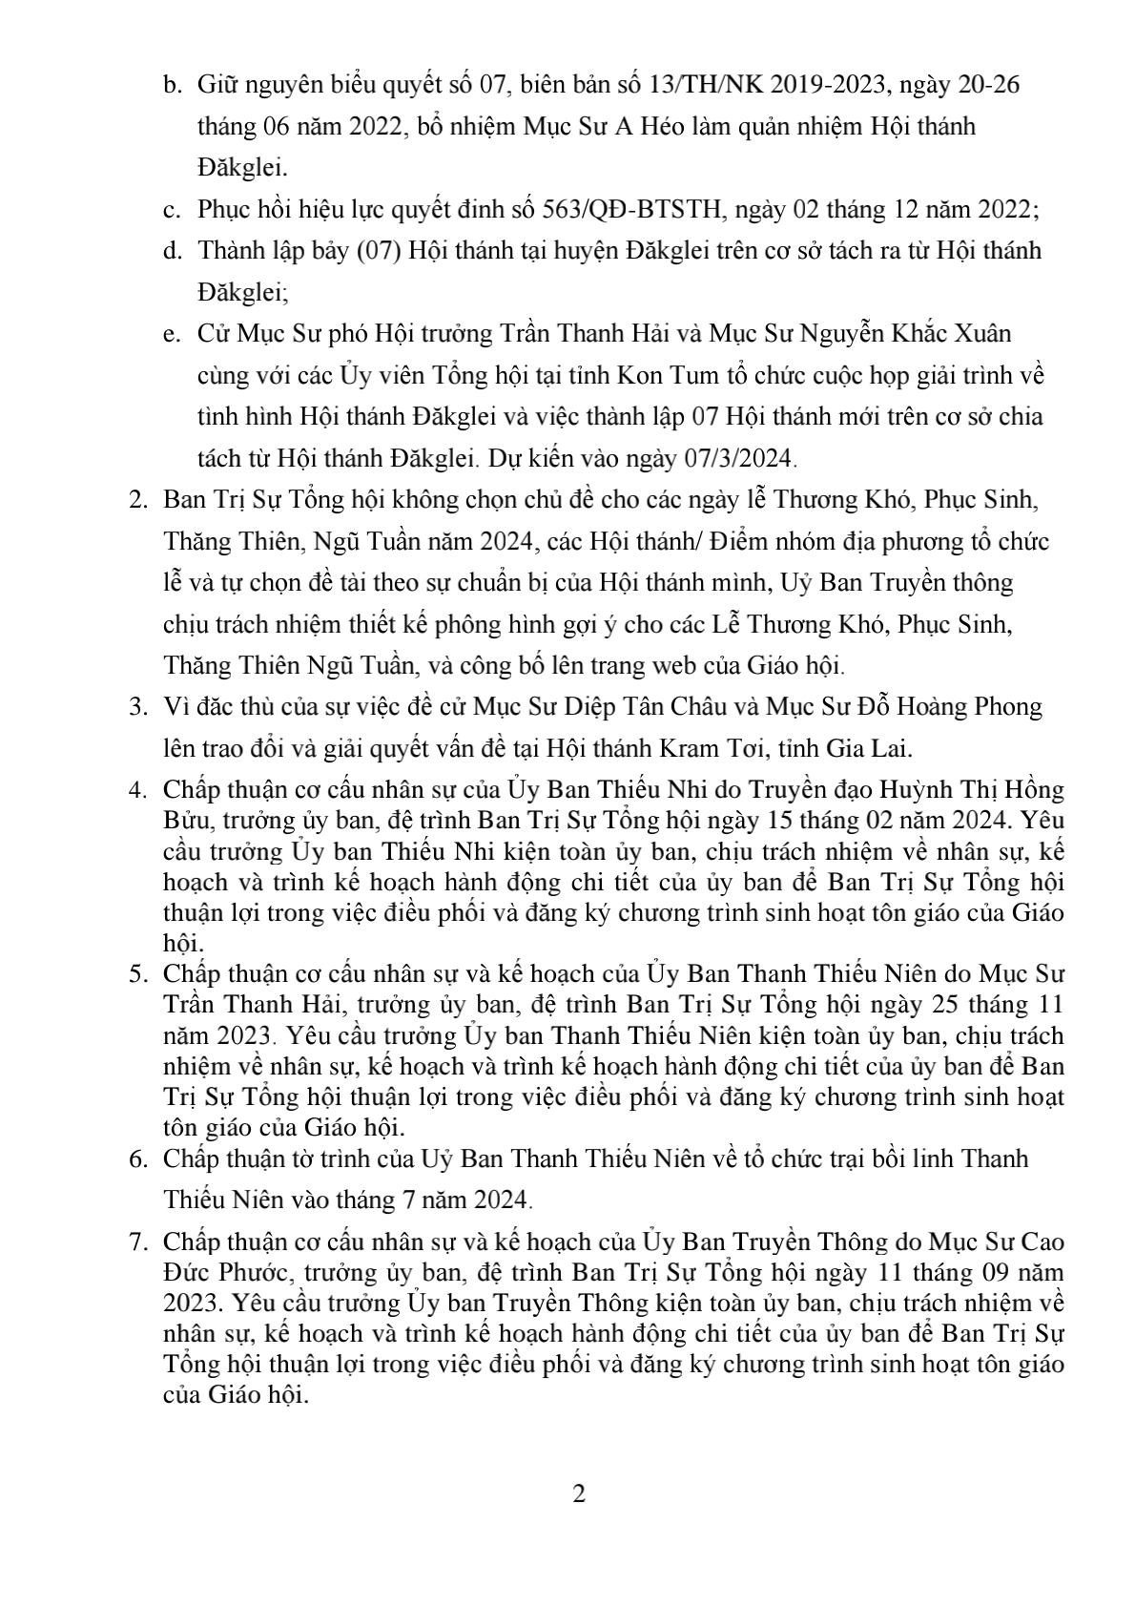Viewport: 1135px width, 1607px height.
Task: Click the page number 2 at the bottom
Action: tap(578, 1492)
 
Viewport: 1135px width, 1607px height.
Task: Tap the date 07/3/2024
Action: tap(738, 458)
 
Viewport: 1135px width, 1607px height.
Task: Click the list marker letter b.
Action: tap(172, 86)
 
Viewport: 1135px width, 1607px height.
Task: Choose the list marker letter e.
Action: tap(172, 334)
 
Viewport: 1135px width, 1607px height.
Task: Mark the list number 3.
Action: tap(137, 707)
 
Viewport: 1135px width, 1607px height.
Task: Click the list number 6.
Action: tap(137, 1158)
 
